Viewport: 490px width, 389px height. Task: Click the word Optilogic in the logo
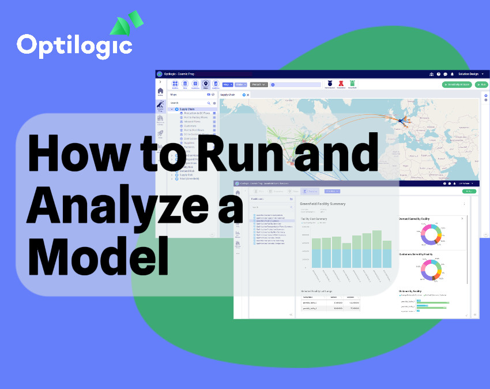[x=74, y=45]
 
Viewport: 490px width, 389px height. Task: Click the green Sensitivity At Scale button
[x=457, y=84]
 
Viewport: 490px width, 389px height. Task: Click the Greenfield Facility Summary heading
[x=322, y=204]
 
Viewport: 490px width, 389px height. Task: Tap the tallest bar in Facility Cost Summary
[x=377, y=248]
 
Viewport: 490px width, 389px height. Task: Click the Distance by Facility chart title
[x=410, y=291]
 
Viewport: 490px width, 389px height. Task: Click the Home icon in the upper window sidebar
[x=160, y=91]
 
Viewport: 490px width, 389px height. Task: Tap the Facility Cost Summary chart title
[x=314, y=219]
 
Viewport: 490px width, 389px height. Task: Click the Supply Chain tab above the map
[x=228, y=94]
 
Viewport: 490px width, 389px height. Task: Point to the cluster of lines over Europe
[x=401, y=121]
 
